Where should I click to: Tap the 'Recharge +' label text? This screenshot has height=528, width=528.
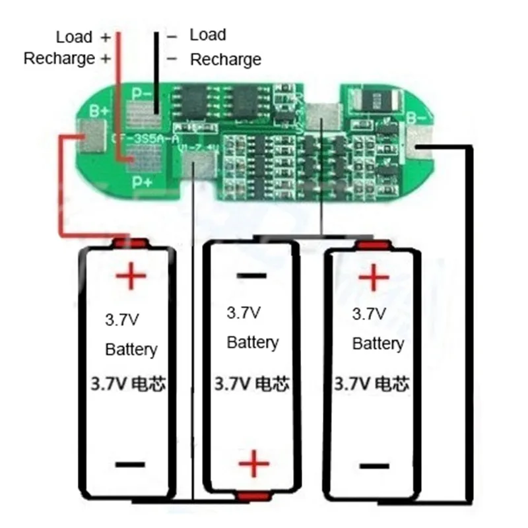point(67,59)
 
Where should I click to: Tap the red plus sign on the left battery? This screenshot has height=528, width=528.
point(130,275)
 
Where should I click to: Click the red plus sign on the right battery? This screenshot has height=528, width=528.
point(372,277)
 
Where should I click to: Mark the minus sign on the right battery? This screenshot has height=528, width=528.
point(372,465)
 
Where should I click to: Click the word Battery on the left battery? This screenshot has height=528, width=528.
point(131,349)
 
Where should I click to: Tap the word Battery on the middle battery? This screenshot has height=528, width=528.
point(253,343)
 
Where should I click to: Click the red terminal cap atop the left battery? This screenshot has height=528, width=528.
point(128,242)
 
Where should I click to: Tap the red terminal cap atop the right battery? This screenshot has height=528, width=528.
point(372,245)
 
